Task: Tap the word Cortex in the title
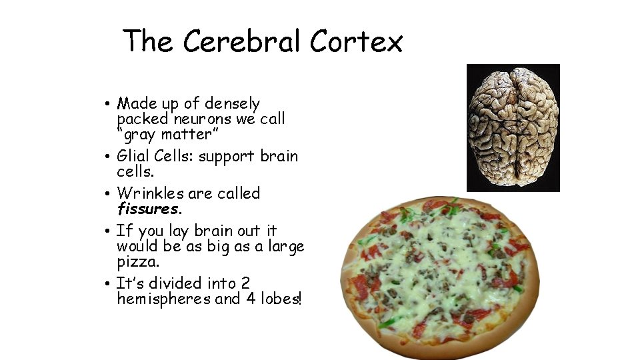(356, 41)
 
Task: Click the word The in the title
(148, 41)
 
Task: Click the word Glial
(132, 156)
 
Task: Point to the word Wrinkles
(150, 193)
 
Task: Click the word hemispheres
(163, 299)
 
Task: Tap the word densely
(232, 104)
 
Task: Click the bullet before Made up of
(107, 105)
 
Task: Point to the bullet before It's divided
(107, 284)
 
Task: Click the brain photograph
(513, 127)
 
